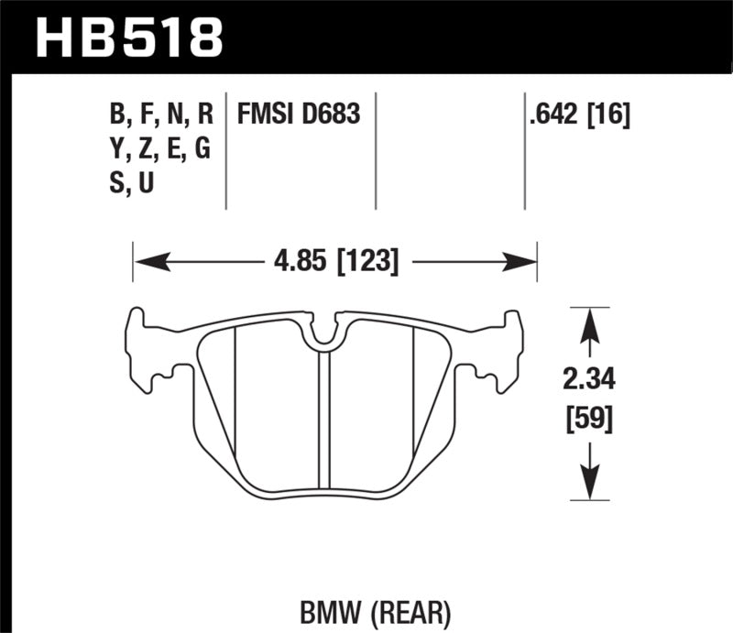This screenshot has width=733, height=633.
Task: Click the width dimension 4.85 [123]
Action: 334,263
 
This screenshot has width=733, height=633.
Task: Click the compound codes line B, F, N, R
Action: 159,115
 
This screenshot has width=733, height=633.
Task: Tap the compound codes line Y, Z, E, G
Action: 159,149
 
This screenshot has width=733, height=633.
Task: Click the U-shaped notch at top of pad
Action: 325,336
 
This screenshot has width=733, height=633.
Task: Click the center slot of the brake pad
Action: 323,421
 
